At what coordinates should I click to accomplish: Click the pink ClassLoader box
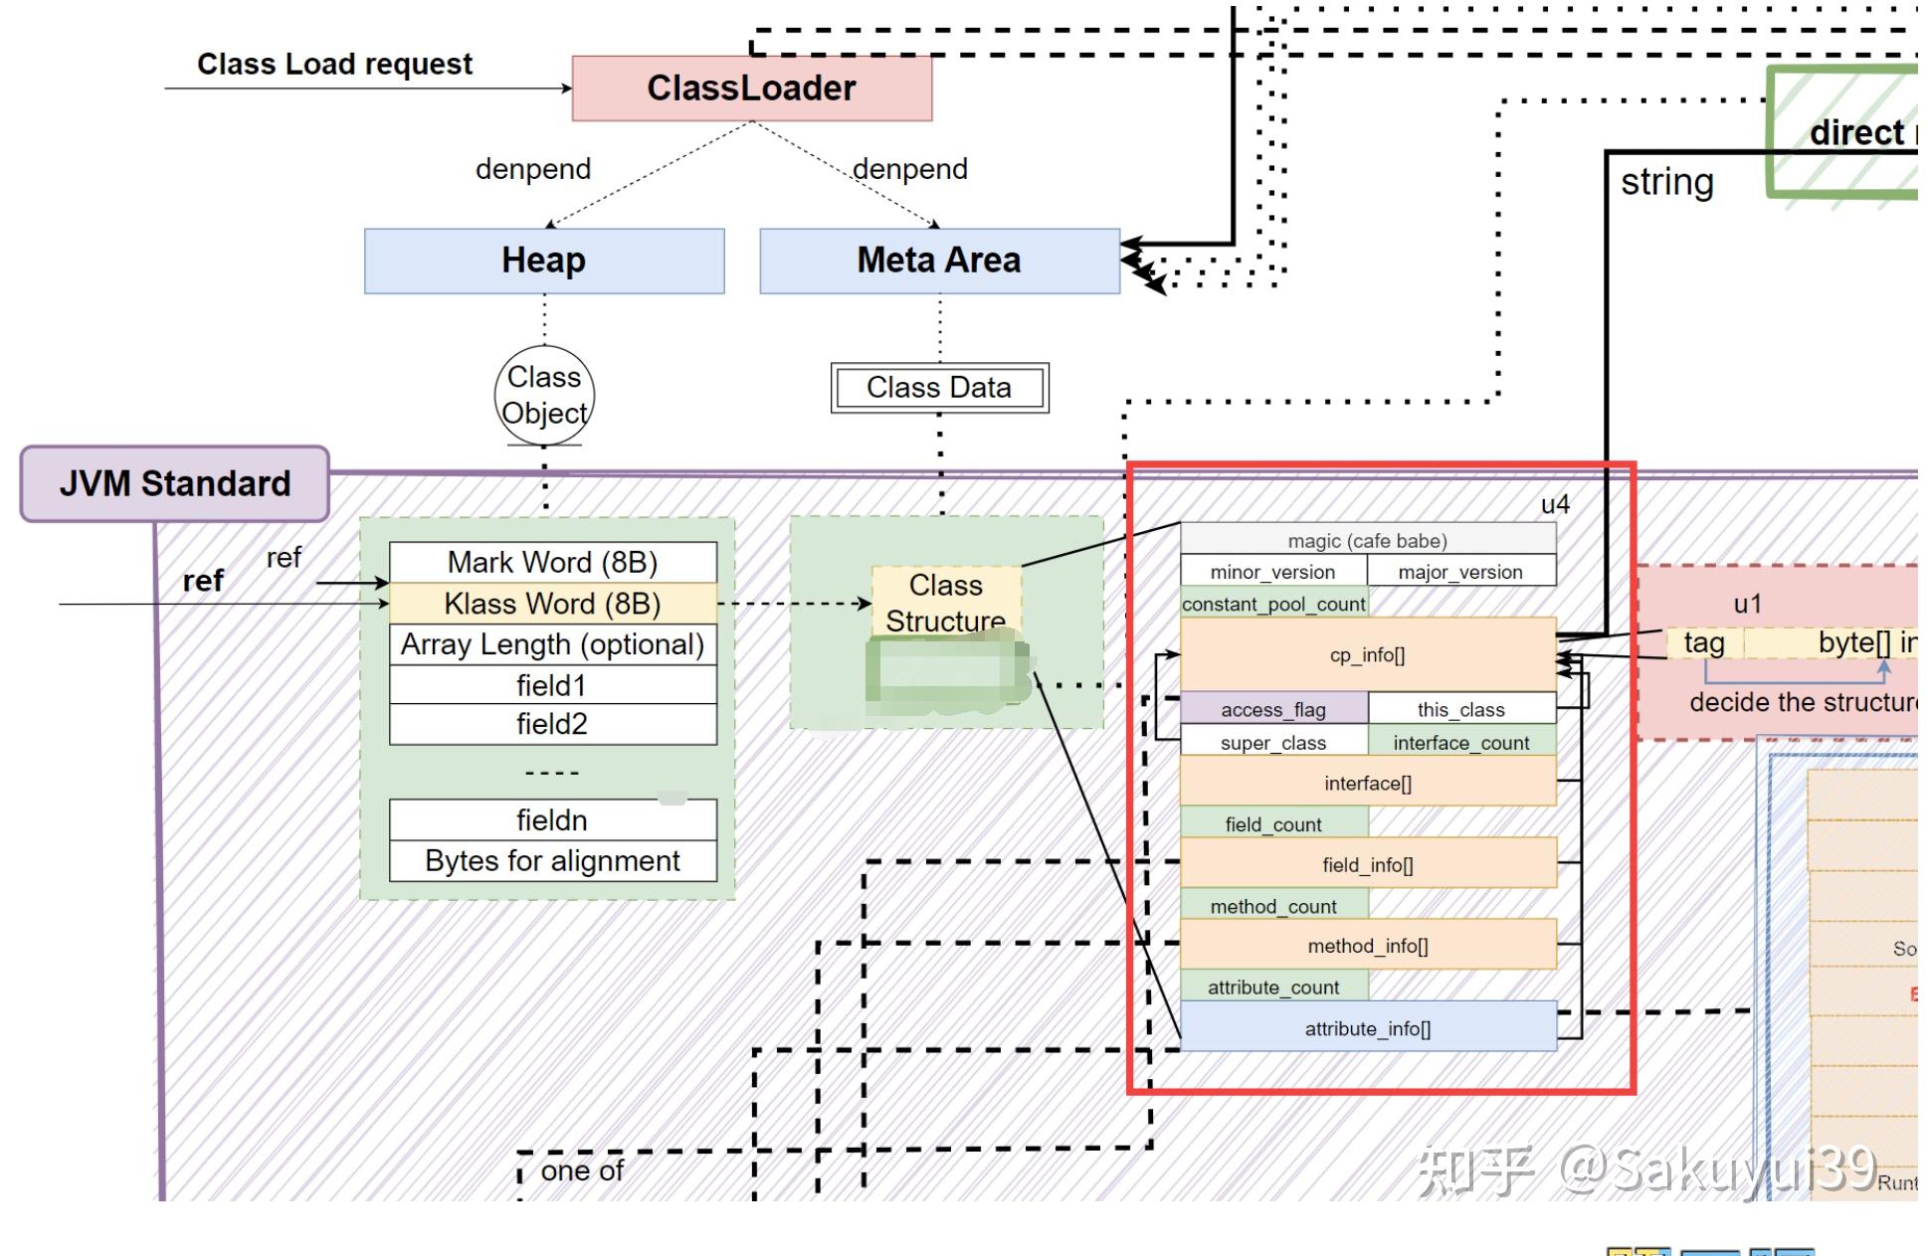coord(751,89)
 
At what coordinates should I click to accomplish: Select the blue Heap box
coord(544,261)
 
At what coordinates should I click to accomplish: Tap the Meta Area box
coord(939,261)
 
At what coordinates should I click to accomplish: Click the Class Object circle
coord(544,395)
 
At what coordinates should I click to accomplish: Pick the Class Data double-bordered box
coord(939,388)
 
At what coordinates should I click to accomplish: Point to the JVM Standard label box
coord(175,484)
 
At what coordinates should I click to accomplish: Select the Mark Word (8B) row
coord(552,562)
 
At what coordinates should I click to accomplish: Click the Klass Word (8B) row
coord(552,604)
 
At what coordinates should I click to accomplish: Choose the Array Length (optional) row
coord(552,644)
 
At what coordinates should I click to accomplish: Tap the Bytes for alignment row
coord(552,861)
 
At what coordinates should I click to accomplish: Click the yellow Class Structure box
coord(946,602)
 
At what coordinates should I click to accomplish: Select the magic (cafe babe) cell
coord(1368,541)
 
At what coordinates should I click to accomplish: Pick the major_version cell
coord(1460,572)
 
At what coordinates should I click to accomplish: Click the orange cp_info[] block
coord(1368,654)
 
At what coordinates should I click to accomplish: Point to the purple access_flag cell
coord(1273,709)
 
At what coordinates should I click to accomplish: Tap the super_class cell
coord(1273,742)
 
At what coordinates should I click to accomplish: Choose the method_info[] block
coord(1368,946)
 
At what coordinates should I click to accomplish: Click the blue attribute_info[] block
coord(1368,1028)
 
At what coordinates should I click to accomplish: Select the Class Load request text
coord(334,65)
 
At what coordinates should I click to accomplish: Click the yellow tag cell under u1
coord(1704,643)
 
